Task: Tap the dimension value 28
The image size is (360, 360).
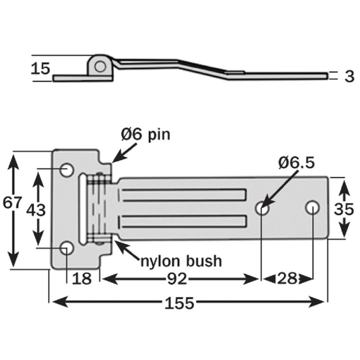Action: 288,279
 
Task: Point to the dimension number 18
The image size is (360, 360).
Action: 82,279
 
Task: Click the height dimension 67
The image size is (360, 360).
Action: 12,203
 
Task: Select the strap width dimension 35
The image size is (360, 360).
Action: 343,208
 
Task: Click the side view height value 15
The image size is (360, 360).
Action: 41,68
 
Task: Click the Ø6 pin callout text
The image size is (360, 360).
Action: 145,135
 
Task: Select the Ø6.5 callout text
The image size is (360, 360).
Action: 296,162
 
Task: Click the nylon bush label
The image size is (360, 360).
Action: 181,261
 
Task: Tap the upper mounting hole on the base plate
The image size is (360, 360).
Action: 66,170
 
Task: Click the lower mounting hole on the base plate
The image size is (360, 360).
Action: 66,249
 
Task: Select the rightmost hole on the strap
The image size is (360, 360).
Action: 313,207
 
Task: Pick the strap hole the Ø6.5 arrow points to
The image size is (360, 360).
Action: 262,208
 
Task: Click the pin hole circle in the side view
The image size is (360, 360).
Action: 100,66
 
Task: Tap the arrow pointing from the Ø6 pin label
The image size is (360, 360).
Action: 124,152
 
